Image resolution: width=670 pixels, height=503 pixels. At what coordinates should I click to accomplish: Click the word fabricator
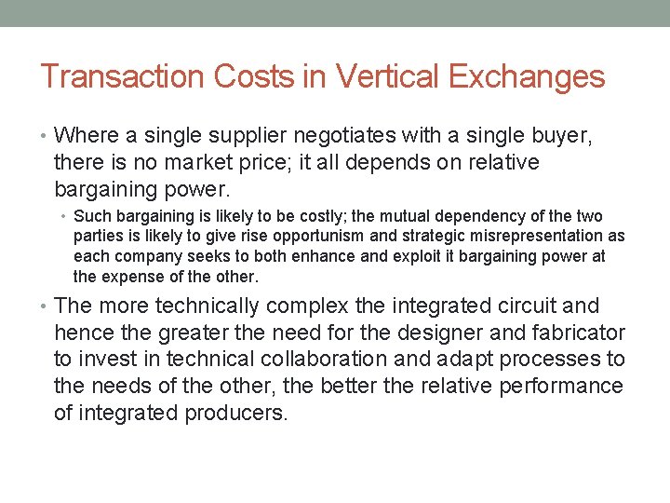(x=579, y=333)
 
